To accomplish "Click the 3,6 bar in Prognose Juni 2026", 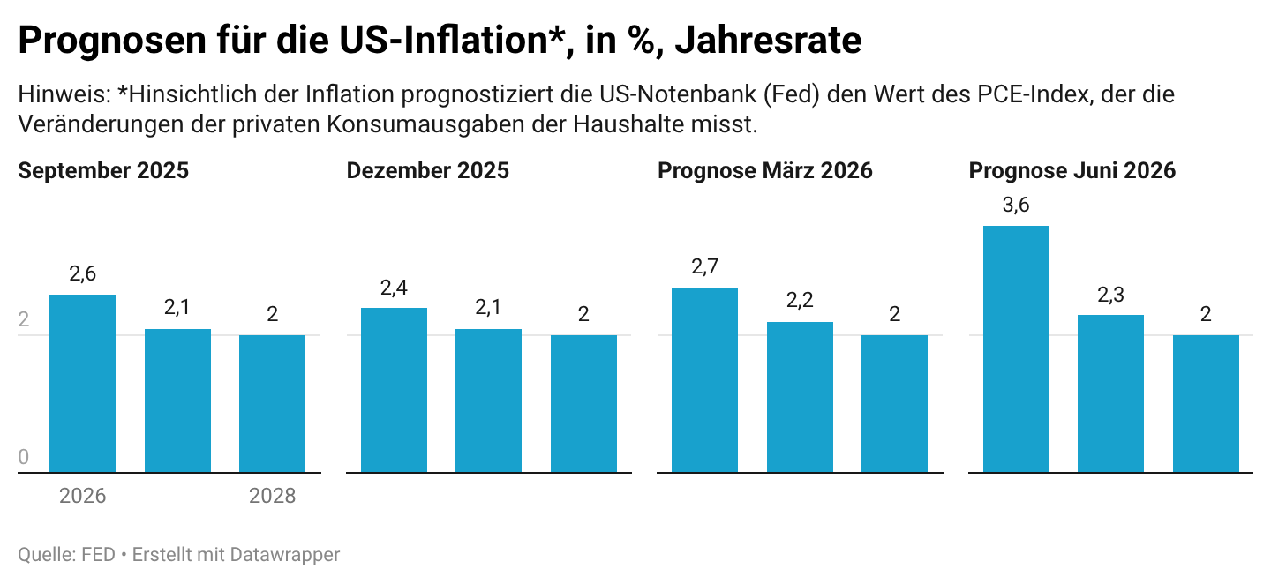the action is (1016, 349).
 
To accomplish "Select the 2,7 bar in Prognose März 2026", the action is (704, 380).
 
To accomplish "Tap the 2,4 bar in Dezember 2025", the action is (394, 390).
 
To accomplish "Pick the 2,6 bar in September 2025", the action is (82, 383).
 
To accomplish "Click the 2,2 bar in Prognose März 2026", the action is (800, 397).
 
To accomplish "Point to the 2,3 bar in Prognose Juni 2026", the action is (1110, 393).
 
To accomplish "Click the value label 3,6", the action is (1016, 205).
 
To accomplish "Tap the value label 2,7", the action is (704, 266).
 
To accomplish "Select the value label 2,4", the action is (394, 288).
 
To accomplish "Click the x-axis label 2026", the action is (82, 496).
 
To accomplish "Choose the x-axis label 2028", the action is (273, 496).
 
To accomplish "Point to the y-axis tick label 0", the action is (23, 456).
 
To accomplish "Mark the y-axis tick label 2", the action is (23, 319).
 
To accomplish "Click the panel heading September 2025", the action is (103, 170).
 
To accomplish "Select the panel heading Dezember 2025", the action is (428, 170).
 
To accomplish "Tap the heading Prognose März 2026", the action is (765, 170).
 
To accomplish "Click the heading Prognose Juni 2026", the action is (1072, 170).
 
